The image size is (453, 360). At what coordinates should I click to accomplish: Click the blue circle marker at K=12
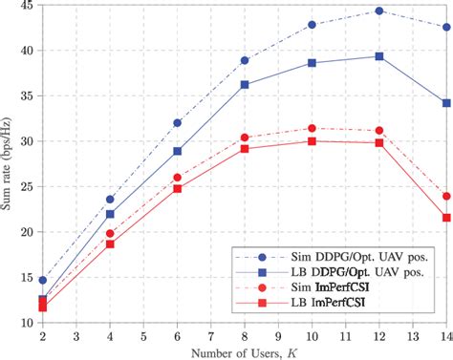[x=379, y=11]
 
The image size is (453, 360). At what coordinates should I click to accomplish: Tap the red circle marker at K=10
[x=312, y=128]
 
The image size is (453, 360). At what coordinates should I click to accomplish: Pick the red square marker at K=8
[x=245, y=148]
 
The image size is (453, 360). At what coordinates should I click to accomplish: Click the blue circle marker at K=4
[x=110, y=199]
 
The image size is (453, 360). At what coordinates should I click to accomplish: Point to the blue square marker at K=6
[x=177, y=151]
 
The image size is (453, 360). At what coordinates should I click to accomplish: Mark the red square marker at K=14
[x=445, y=218]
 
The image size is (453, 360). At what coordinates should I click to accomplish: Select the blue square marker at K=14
[x=445, y=102]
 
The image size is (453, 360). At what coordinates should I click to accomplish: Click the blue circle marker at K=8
[x=245, y=60]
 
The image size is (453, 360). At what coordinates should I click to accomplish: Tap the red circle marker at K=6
[x=177, y=178]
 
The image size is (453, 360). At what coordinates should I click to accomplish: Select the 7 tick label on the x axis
[x=210, y=336]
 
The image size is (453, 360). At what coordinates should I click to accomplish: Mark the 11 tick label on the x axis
[x=345, y=336]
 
